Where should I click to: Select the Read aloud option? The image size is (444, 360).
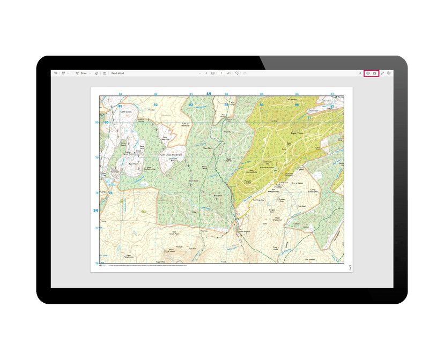[x=117, y=73]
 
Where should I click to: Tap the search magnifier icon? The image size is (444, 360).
[x=360, y=73]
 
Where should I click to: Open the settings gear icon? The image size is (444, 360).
[x=389, y=73]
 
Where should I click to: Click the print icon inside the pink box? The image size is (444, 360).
[x=368, y=73]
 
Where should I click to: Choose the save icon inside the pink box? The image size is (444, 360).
[x=375, y=73]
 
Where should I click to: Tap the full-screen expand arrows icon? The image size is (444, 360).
[x=382, y=73]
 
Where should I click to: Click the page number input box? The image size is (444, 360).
[x=221, y=73]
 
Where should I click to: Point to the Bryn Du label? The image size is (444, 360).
[x=227, y=131]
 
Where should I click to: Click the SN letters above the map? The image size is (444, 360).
[x=209, y=94]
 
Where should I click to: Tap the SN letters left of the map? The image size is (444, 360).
[x=95, y=210]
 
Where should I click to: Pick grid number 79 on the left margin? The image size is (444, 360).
[x=97, y=157]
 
